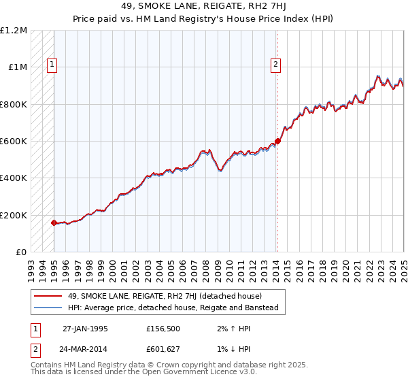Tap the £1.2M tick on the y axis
point(14,31)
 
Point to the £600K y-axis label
point(13,142)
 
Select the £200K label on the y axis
point(13,215)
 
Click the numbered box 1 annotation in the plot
point(52,65)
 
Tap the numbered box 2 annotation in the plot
point(275,65)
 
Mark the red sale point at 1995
point(54,222)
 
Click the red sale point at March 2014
point(277,142)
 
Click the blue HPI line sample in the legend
point(47,308)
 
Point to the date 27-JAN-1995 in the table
point(84,328)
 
